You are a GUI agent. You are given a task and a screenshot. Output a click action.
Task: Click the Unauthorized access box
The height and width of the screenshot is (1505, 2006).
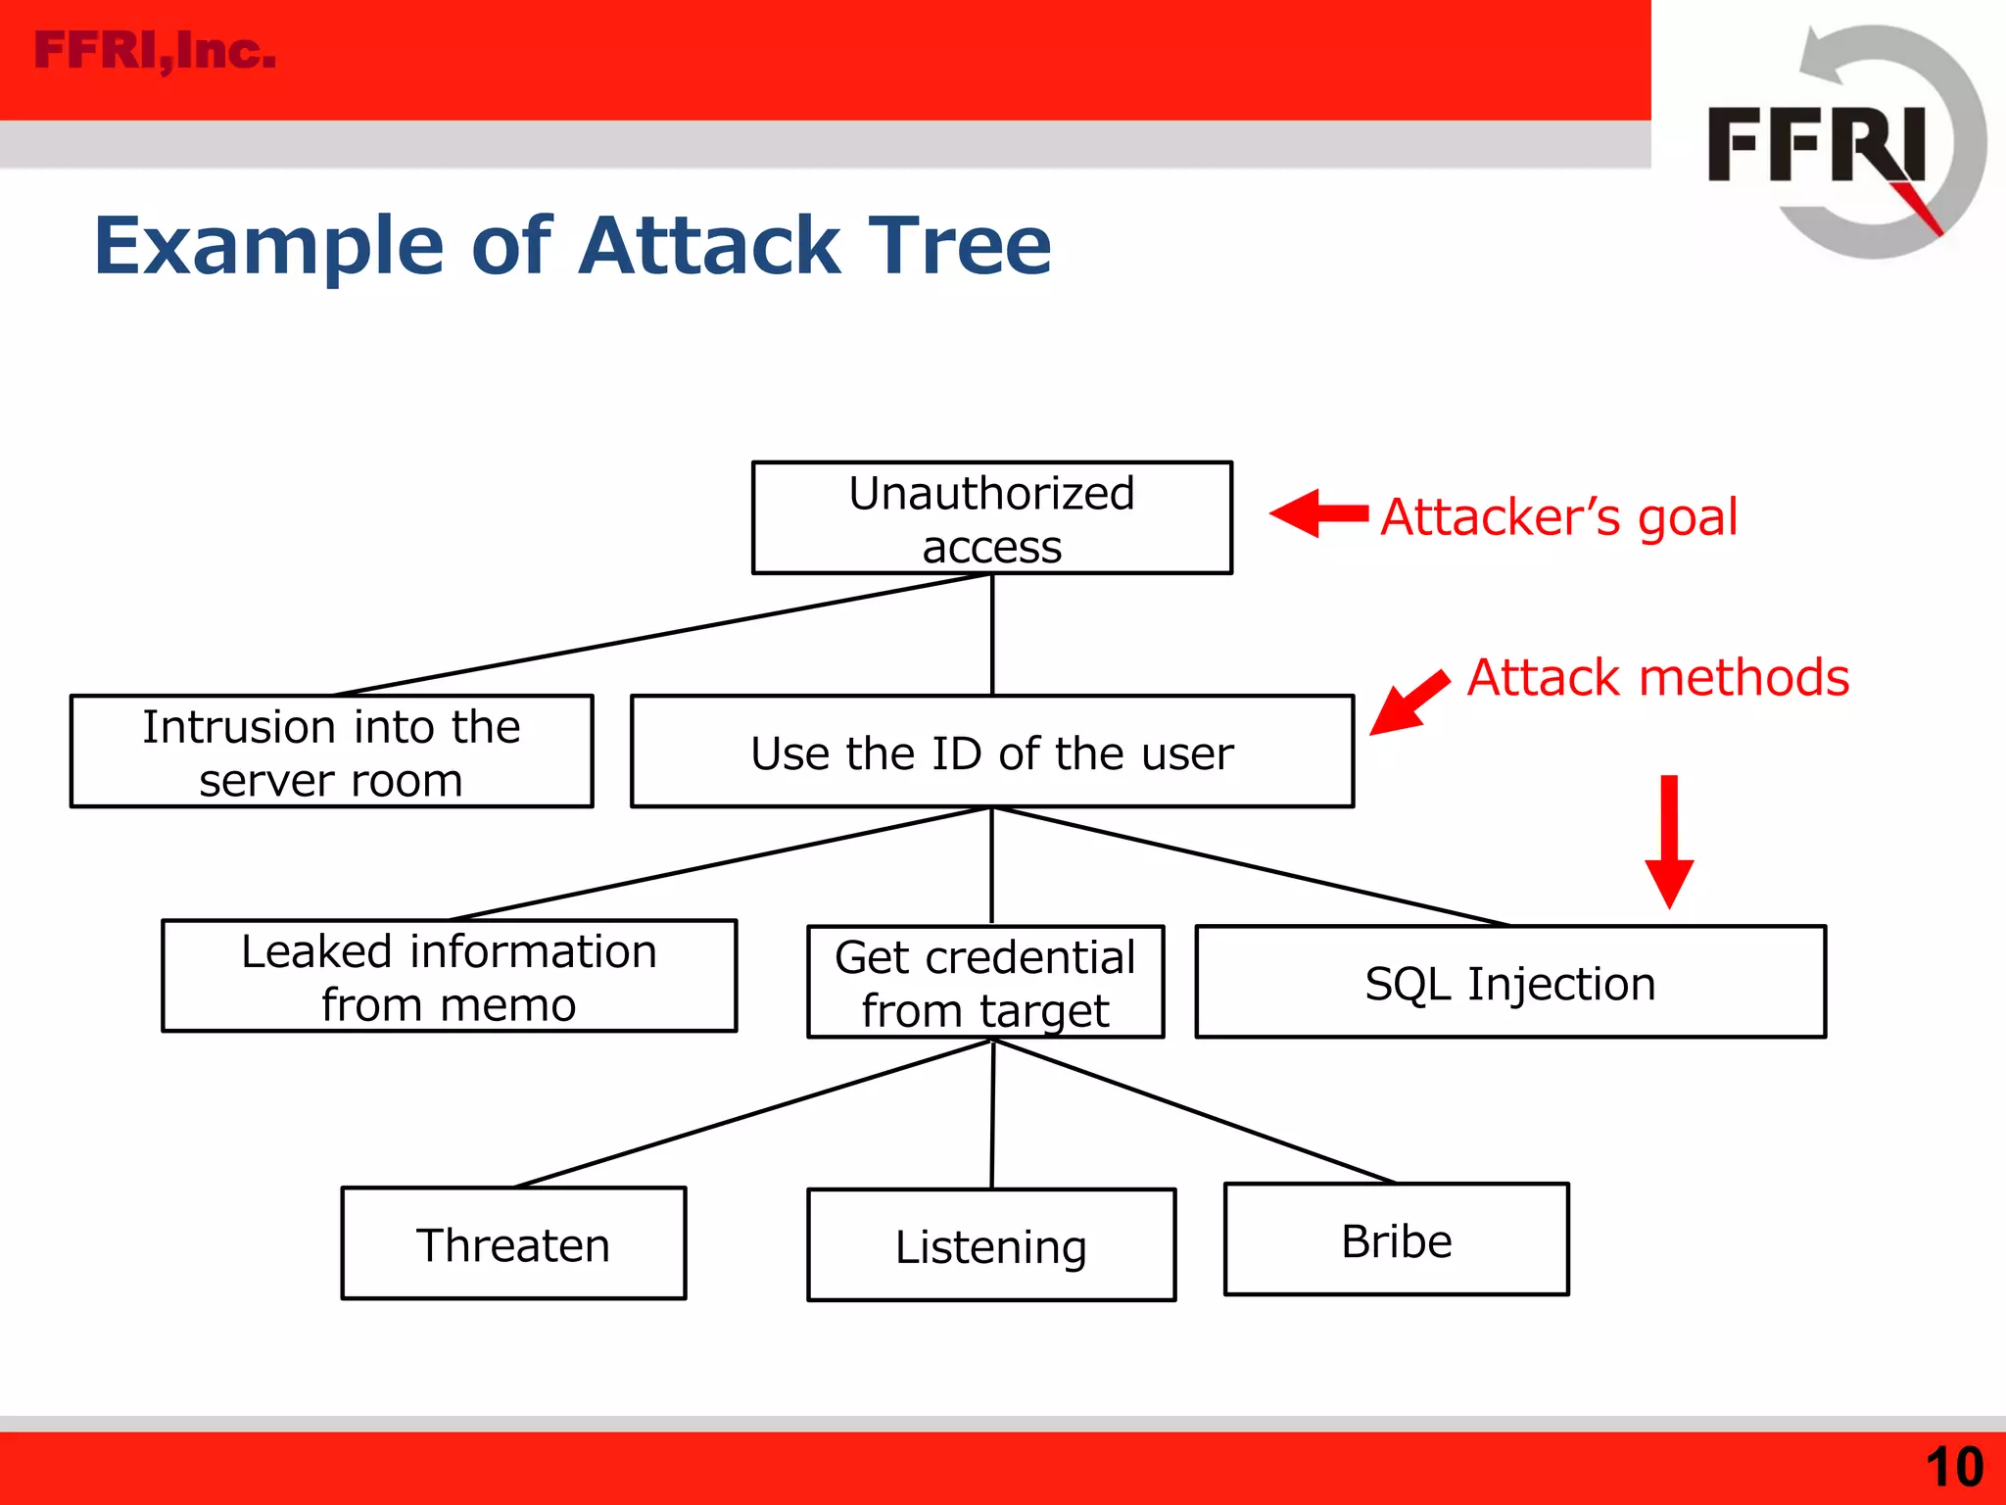click(991, 518)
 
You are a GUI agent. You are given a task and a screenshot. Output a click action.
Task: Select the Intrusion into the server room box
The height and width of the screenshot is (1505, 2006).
click(331, 752)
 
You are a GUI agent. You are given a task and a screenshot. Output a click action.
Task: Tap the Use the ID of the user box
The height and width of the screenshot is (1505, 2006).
click(991, 752)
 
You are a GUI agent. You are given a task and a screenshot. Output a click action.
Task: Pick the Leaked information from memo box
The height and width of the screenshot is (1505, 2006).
click(449, 976)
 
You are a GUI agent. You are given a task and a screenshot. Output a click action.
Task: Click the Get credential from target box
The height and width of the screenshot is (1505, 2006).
click(984, 982)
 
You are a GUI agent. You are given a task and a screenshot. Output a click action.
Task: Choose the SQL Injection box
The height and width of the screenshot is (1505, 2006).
click(1509, 982)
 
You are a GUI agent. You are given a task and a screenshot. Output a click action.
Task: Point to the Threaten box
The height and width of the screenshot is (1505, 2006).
click(513, 1243)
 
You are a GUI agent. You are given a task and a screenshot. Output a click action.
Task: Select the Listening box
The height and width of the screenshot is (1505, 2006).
click(990, 1245)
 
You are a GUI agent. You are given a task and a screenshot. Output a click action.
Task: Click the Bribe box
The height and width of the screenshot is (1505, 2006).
click(1396, 1239)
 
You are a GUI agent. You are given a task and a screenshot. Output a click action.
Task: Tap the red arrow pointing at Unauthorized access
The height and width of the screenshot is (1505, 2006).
click(1317, 513)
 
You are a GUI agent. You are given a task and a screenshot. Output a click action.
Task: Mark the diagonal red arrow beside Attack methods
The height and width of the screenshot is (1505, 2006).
click(1409, 703)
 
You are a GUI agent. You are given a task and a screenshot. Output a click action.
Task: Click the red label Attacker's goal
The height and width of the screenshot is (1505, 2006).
click(1558, 516)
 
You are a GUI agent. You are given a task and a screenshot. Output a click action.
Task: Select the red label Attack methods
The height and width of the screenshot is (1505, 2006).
click(1657, 677)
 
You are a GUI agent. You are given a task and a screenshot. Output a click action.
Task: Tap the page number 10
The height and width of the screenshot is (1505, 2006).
click(1953, 1467)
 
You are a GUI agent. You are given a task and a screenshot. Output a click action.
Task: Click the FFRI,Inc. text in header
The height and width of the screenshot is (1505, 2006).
click(155, 51)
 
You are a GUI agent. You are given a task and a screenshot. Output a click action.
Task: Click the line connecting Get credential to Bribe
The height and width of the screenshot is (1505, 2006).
click(1195, 1111)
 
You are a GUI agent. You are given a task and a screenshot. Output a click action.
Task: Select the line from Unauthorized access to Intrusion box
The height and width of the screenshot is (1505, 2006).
click(661, 635)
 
